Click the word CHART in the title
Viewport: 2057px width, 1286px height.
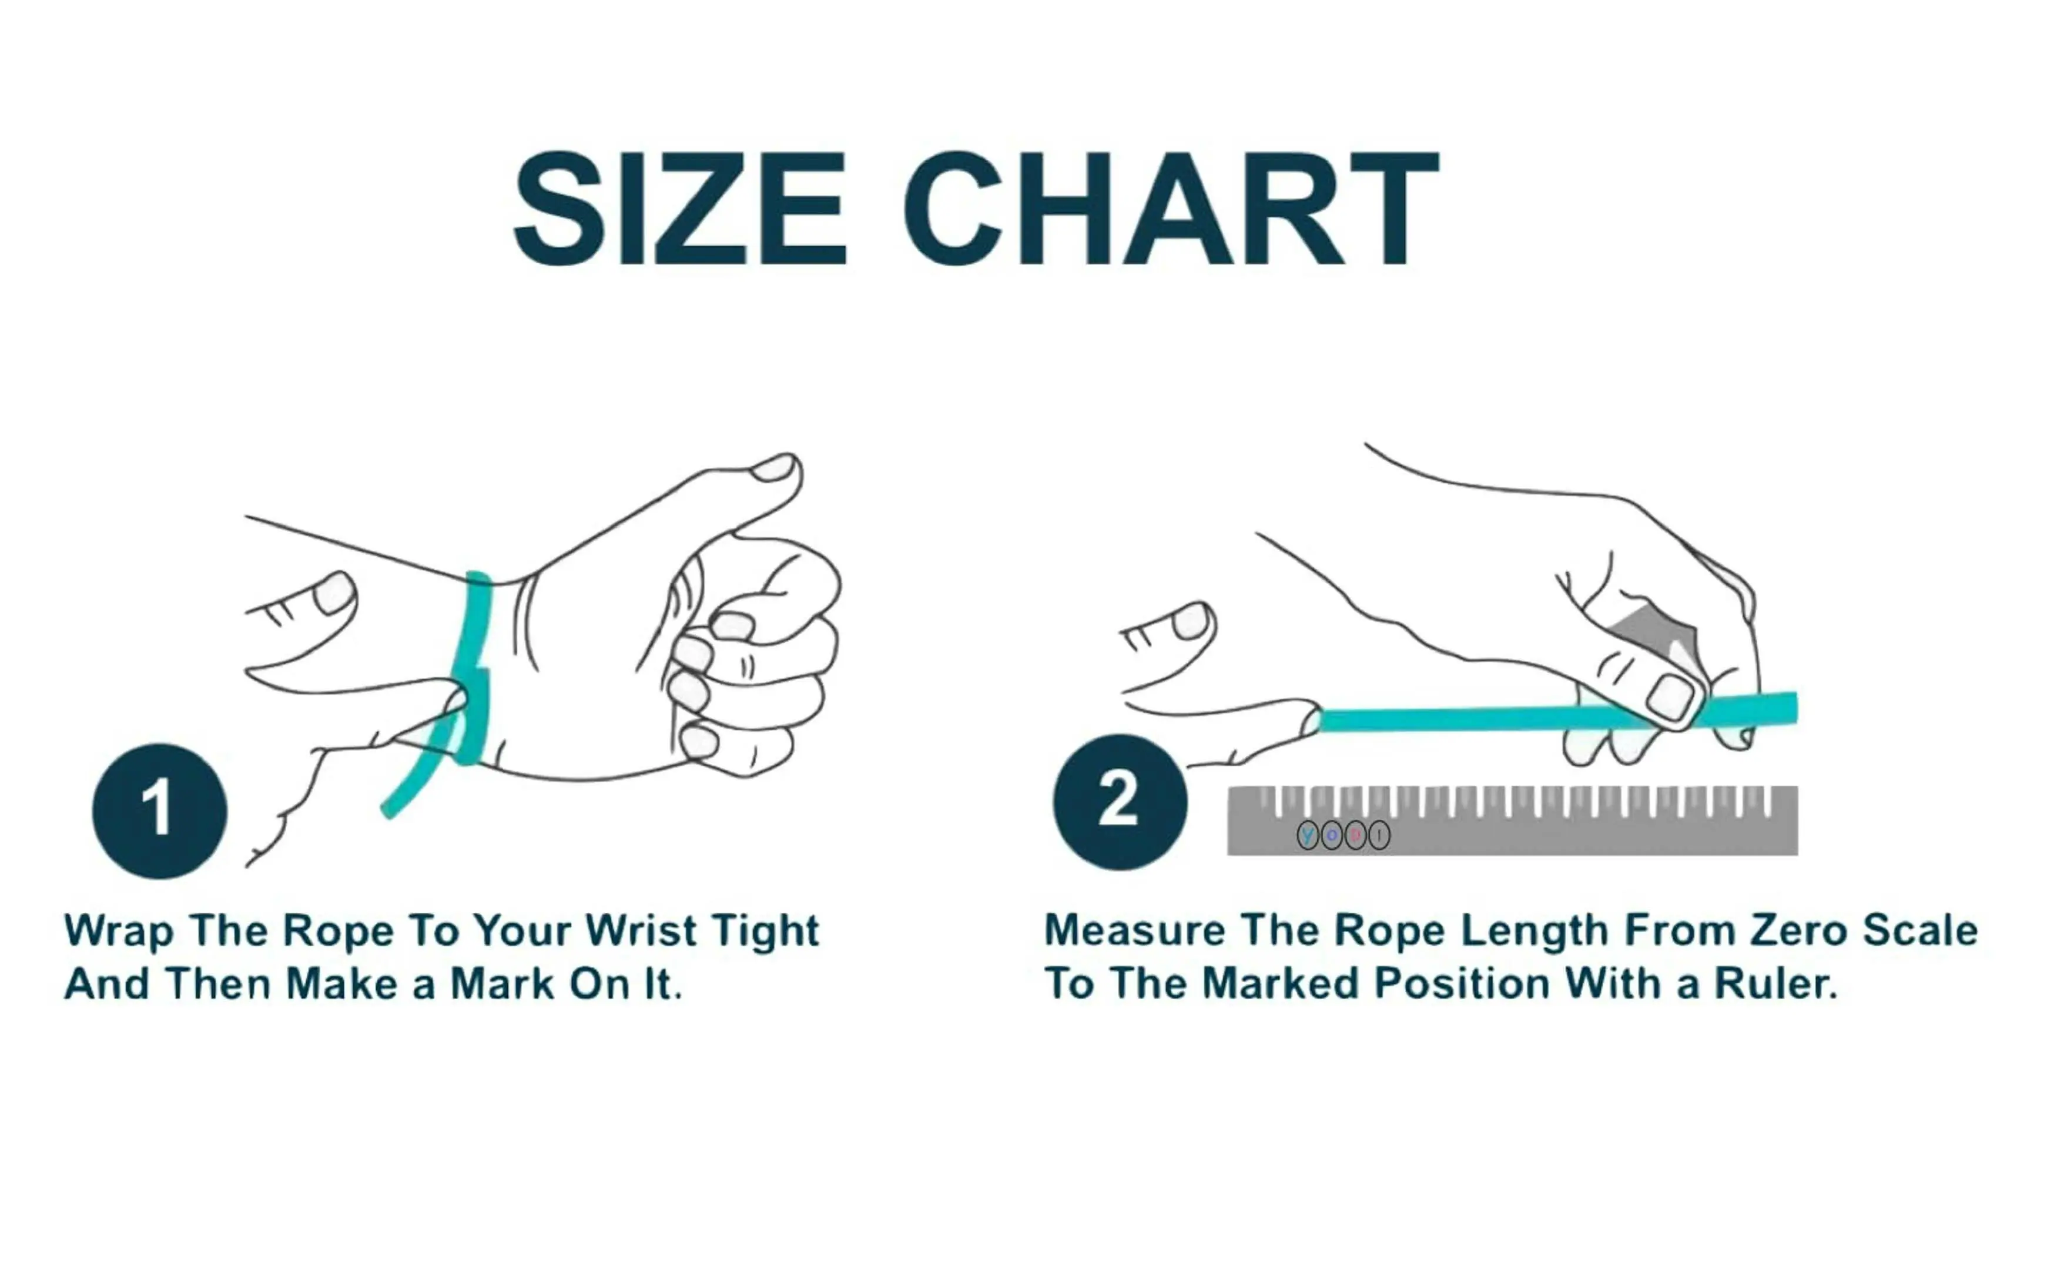[x=1170, y=209]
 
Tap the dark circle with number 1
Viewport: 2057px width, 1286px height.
[x=159, y=810]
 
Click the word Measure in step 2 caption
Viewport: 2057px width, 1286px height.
[x=1134, y=930]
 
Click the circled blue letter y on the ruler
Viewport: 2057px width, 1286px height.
[x=1308, y=835]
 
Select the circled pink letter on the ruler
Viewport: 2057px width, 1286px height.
[x=1355, y=835]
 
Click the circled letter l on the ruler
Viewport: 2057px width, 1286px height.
[x=1379, y=835]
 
